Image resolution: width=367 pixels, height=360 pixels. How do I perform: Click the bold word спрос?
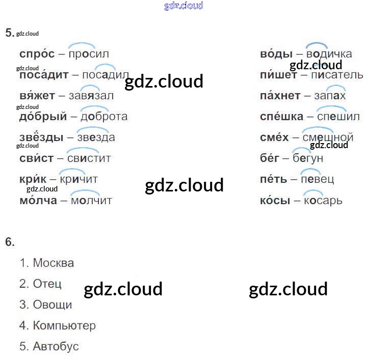(x=37, y=54)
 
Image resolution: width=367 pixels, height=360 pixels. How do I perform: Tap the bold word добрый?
(x=43, y=117)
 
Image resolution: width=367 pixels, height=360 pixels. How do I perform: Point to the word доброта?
(x=104, y=117)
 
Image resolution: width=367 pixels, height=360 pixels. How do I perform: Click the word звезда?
(x=96, y=137)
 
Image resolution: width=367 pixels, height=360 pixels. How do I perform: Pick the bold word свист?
(x=36, y=158)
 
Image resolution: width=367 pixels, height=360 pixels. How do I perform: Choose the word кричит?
(x=78, y=179)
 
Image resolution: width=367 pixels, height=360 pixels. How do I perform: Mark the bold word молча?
(x=38, y=200)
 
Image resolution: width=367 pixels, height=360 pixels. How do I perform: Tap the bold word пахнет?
(x=280, y=96)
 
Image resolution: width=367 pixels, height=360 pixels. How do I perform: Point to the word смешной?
(x=328, y=137)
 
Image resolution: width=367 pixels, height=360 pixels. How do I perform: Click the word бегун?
(x=308, y=158)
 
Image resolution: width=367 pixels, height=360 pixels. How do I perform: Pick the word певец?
(x=317, y=179)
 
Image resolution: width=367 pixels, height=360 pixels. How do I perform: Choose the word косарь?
(x=323, y=200)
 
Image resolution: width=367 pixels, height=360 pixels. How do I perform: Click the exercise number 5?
(x=9, y=33)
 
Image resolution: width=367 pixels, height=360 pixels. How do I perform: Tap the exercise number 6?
(x=10, y=242)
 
